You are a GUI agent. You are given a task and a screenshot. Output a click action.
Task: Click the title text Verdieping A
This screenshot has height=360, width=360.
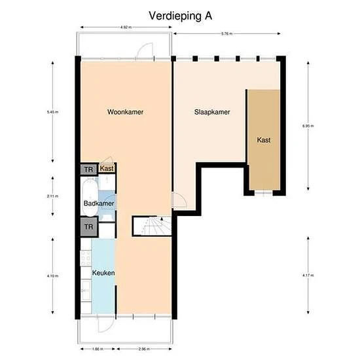point(179,14)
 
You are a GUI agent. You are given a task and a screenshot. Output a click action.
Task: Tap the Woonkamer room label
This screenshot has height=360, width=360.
point(125,112)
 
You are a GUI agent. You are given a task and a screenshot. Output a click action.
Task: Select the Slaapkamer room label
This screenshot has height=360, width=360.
point(211,112)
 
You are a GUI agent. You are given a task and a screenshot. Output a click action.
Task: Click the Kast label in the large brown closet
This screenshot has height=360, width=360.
point(264,140)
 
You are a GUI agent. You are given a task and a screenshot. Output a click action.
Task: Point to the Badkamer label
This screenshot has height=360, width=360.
point(99,204)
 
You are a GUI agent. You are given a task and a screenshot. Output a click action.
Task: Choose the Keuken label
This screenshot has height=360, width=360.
point(103,273)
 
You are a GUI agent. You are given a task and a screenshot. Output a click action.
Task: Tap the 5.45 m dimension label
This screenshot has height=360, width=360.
point(52,113)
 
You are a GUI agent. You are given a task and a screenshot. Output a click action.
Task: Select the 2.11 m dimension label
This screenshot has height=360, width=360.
point(52,196)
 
